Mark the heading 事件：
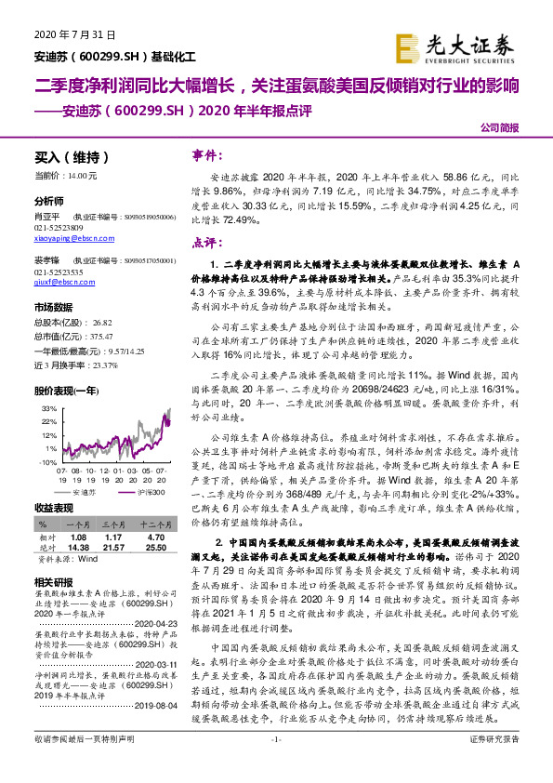coord(209,155)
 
